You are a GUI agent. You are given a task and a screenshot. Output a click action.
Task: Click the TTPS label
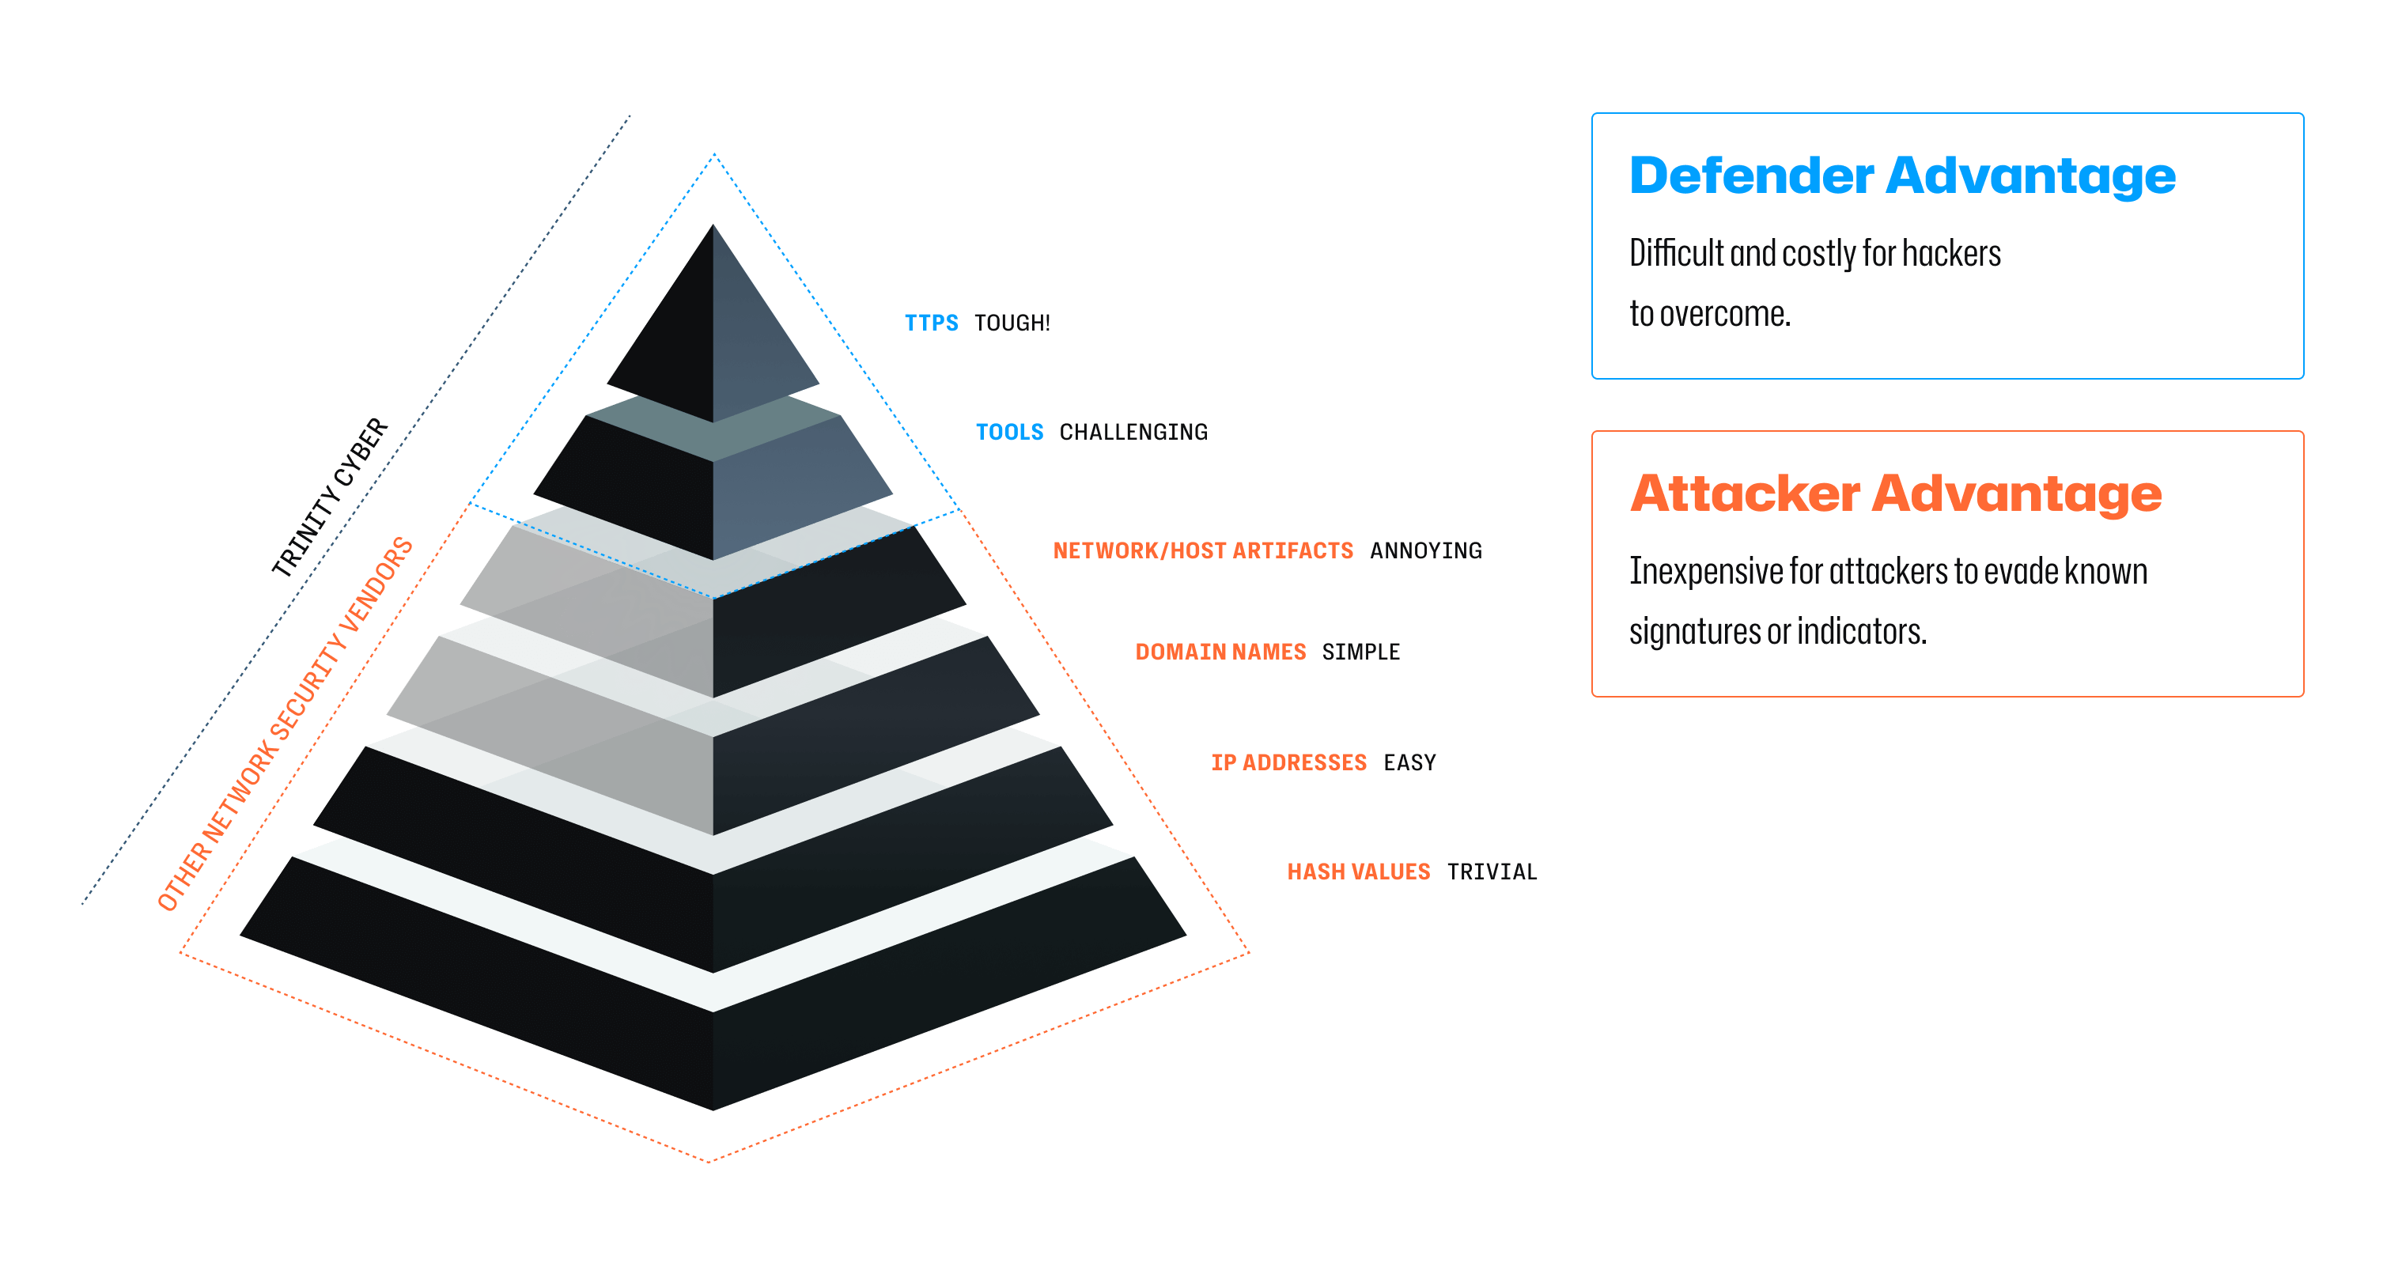coord(930,323)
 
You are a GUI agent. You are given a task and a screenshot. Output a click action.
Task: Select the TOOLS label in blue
coord(1008,432)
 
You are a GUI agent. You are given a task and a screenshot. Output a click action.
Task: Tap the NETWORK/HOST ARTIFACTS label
coord(1202,550)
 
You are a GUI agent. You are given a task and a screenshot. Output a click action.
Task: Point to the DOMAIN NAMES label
coord(1220,652)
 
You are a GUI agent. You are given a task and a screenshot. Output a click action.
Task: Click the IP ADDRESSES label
coord(1288,762)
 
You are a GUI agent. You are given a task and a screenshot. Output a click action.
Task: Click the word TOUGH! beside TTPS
coord(1012,323)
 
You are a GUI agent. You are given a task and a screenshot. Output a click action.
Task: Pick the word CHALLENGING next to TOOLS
coord(1133,432)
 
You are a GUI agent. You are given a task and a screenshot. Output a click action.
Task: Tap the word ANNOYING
coord(1425,550)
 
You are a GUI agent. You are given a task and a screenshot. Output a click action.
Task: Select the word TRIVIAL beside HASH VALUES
coord(1491,872)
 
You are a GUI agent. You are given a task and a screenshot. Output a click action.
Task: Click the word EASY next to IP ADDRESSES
coord(1409,762)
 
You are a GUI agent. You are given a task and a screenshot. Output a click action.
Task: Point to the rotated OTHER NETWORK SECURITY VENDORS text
coord(285,723)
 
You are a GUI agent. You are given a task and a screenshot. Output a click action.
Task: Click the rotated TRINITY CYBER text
coord(330,497)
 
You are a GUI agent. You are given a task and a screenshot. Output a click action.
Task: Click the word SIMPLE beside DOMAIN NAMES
coord(1360,652)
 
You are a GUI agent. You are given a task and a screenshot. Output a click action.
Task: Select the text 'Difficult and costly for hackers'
coord(1814,253)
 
